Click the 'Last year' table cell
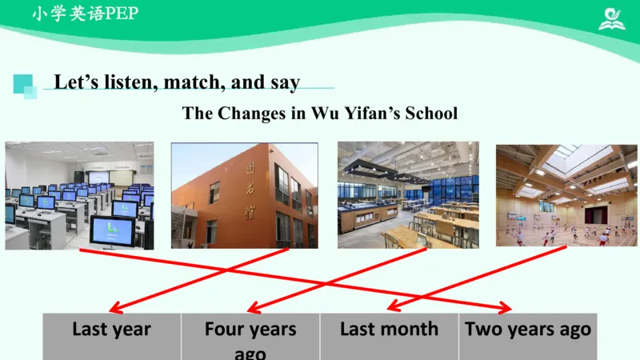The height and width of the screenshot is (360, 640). coord(111,336)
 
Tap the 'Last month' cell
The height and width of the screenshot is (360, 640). coord(389,336)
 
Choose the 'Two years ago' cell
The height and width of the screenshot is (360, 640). coord(528,336)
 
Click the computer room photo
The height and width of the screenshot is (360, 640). coord(79,195)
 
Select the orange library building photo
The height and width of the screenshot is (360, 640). coord(244,195)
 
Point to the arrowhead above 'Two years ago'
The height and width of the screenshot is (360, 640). coord(505,308)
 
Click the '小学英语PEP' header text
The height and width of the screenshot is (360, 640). coord(85,14)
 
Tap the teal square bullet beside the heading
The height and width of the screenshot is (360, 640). coord(25,86)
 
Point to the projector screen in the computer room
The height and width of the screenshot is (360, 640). coord(98,175)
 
